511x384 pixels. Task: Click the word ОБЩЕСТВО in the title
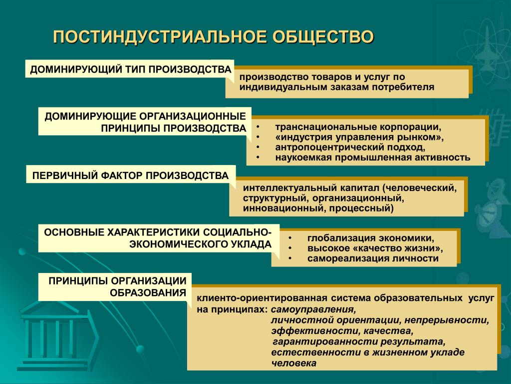(x=323, y=37)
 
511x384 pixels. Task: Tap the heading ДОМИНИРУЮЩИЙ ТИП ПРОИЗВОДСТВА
(x=131, y=69)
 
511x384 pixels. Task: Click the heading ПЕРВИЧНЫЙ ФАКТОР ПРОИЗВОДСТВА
(x=130, y=175)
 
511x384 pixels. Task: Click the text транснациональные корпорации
(x=358, y=126)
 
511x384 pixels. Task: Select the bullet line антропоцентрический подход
(x=350, y=147)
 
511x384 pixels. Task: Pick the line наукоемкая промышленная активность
(x=372, y=157)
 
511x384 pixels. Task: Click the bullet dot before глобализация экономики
(x=290, y=238)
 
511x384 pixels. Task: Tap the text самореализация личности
(x=373, y=258)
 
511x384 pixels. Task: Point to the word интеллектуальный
(x=290, y=188)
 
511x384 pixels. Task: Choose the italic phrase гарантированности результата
(x=359, y=342)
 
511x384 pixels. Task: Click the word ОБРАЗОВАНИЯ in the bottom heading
(x=148, y=292)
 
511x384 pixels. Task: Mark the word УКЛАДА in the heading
(x=252, y=244)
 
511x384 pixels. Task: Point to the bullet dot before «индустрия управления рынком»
(x=258, y=137)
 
